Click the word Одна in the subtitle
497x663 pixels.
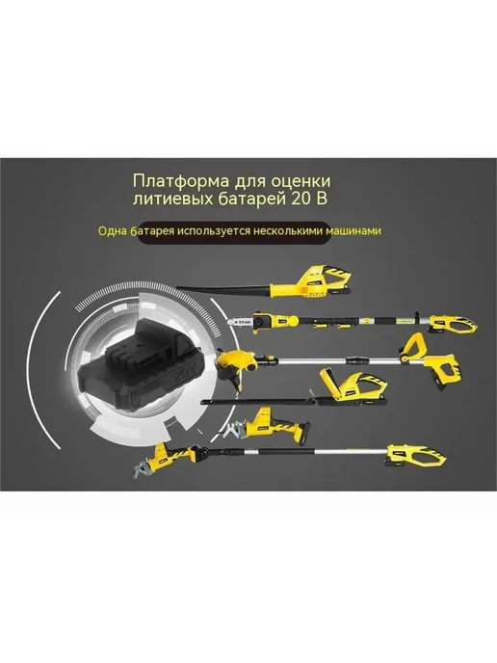tap(112, 231)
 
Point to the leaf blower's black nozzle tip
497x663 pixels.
tap(179, 287)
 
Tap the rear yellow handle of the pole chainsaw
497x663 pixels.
tap(455, 325)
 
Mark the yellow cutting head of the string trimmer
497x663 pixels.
tap(237, 361)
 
